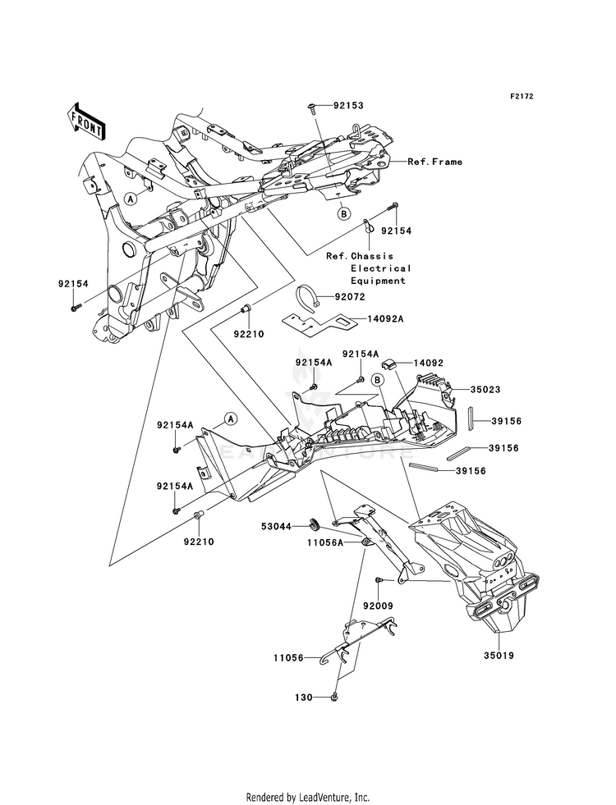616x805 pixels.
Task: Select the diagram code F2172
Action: click(x=521, y=97)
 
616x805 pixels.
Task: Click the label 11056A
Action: click(x=280, y=542)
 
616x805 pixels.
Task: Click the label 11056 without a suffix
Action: click(x=288, y=657)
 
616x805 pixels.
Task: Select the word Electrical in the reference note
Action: click(x=381, y=268)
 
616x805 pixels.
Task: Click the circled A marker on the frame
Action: click(x=132, y=199)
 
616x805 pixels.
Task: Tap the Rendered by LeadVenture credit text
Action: click(x=308, y=797)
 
